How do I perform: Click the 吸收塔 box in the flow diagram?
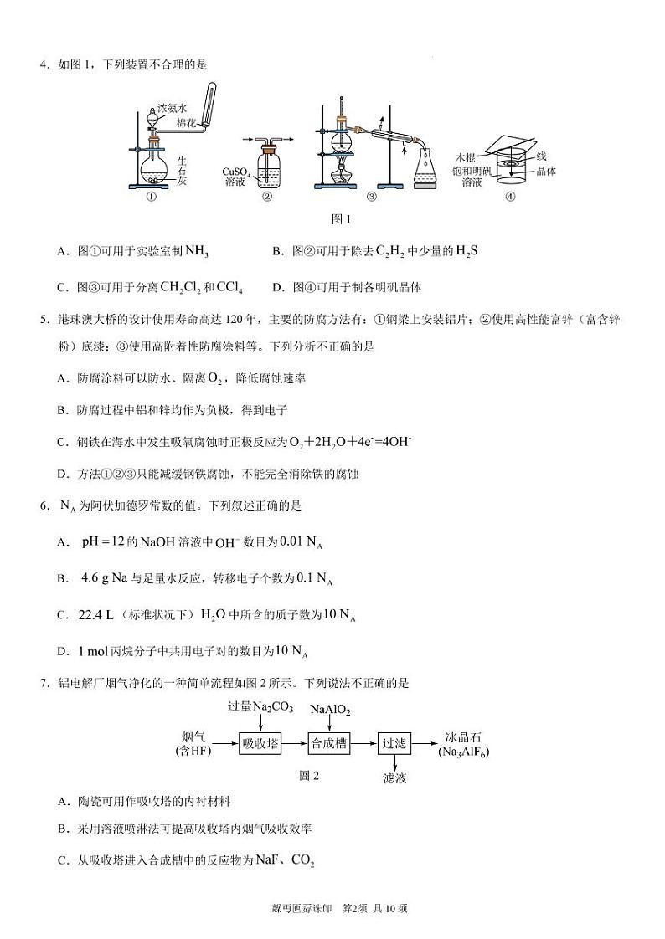pos(260,742)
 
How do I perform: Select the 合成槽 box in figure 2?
pos(329,742)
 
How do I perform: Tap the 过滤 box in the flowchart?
pos(394,742)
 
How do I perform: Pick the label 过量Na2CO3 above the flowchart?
pos(260,707)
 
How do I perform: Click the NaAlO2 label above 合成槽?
pos(330,710)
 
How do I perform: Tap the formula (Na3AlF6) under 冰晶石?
pos(464,752)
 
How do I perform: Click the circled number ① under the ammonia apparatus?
pos(152,198)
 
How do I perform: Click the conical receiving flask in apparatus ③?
pos(426,167)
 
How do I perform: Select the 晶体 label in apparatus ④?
pos(546,171)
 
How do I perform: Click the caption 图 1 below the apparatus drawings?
pos(341,219)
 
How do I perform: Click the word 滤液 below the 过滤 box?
pos(394,778)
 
